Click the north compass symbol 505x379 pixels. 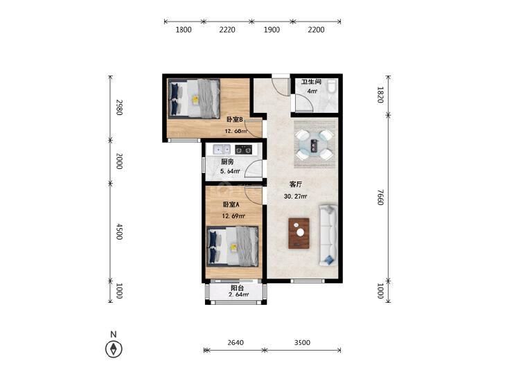(x=114, y=349)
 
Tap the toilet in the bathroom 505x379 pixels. (x=332, y=87)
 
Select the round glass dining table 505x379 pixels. (x=314, y=145)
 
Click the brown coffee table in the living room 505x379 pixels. (x=299, y=233)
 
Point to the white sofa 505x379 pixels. (x=328, y=235)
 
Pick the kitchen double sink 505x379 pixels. (x=222, y=150)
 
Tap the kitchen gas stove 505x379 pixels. (x=243, y=150)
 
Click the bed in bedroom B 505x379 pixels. (x=194, y=98)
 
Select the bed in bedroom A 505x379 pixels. (x=233, y=247)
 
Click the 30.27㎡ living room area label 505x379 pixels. (x=295, y=196)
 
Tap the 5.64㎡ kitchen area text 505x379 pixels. (x=230, y=171)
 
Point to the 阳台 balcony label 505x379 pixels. (x=238, y=288)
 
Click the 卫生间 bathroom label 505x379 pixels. (x=311, y=82)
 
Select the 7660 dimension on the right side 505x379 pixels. (x=381, y=197)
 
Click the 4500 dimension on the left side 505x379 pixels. (x=119, y=231)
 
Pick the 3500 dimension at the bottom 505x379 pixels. (x=302, y=342)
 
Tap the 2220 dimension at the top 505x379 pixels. (x=227, y=30)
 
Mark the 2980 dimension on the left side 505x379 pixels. (x=119, y=107)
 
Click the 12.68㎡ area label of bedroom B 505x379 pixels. (x=236, y=131)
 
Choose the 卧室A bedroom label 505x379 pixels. (x=231, y=204)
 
